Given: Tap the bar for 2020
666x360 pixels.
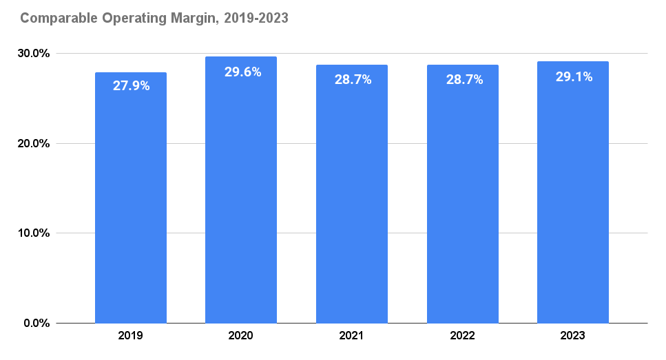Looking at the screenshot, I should (x=241, y=200).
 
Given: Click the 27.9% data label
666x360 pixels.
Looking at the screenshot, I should (x=131, y=86).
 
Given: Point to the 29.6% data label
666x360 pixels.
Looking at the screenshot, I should (x=242, y=72).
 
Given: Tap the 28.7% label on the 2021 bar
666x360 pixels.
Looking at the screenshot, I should (x=353, y=79).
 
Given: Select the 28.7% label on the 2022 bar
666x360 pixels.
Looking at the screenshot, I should (x=464, y=79).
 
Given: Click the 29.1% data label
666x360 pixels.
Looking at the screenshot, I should (x=574, y=76).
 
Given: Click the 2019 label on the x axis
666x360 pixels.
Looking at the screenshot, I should (x=131, y=336).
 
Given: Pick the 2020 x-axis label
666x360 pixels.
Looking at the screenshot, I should (x=241, y=336).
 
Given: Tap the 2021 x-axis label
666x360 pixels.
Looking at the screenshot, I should (x=352, y=336).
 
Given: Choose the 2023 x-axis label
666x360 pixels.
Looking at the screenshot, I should (x=573, y=336).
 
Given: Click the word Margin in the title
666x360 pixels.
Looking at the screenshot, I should (x=191, y=19).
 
